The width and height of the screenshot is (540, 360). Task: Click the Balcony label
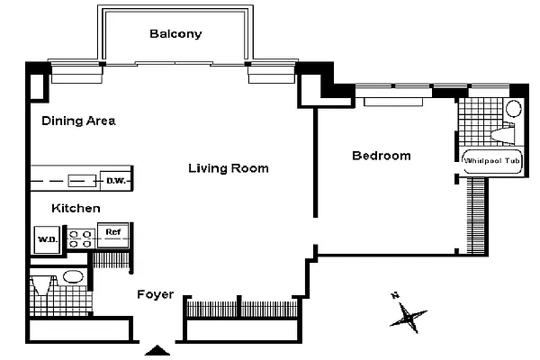tap(175, 34)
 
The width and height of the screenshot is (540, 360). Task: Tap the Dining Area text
tap(79, 121)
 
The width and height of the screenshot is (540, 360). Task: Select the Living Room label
tap(228, 168)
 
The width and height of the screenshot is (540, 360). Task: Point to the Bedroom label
tap(381, 156)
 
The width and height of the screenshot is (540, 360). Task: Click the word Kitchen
tap(75, 208)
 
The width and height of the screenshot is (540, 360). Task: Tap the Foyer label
tap(154, 294)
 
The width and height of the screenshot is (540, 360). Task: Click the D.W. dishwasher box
tap(115, 180)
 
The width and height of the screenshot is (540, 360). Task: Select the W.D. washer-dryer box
tap(46, 239)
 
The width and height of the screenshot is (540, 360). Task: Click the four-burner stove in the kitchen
tap(81, 238)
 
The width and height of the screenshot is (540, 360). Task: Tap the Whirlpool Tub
tap(492, 162)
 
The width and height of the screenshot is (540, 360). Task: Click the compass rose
tap(410, 316)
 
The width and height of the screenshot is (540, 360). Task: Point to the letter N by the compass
tap(394, 295)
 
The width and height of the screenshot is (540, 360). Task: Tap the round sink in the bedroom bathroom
tap(512, 110)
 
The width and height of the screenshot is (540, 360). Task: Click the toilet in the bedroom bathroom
tap(503, 136)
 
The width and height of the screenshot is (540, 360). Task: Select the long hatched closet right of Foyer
tap(239, 308)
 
